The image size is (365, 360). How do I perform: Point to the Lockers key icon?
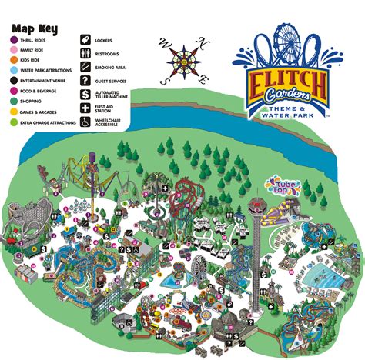coord(87,36)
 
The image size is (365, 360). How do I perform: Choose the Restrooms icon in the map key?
coord(87,52)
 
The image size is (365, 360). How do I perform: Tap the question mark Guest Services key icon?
coord(87,80)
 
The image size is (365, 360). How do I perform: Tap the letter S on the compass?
coord(162,79)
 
